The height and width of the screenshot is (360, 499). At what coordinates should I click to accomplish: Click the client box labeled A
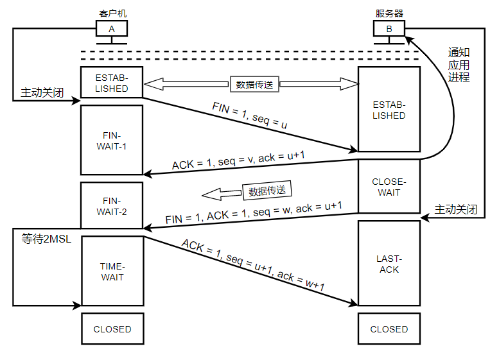coord(112,29)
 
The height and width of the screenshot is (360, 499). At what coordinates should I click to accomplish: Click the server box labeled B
coord(389,29)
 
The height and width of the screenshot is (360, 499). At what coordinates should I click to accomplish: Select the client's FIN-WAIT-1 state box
coord(112,141)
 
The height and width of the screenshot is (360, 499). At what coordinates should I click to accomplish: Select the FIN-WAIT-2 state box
coord(112,205)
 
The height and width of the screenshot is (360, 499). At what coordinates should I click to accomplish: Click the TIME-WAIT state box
coord(112,272)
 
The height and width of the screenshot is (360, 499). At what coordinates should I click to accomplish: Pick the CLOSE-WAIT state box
coord(389,187)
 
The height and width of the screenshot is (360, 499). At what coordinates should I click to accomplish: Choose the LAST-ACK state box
coord(389,264)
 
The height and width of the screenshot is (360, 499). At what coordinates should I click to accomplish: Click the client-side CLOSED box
coord(112,329)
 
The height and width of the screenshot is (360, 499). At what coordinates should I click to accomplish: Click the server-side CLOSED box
coord(389,329)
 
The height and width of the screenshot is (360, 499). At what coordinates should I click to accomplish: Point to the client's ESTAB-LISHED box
coord(112,83)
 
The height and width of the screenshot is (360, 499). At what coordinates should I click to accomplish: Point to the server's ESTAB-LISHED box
coord(389,110)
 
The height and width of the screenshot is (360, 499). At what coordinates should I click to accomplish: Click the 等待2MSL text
coord(45,239)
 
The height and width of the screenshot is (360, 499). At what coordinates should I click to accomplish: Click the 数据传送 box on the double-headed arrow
coord(254,84)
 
